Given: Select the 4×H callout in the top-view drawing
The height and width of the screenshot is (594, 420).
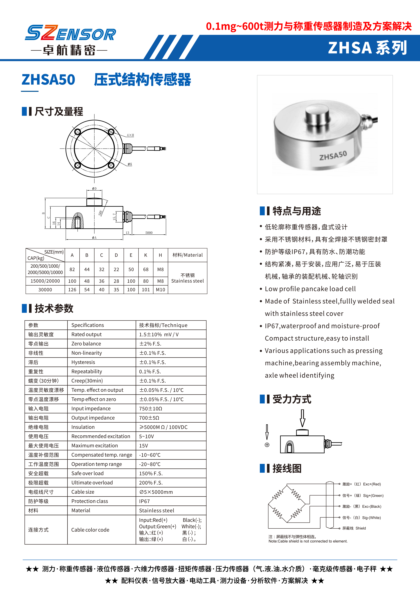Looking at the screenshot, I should [130, 135].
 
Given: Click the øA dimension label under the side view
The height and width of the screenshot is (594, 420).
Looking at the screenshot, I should [94, 237].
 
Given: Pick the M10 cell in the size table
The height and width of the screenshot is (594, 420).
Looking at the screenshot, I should [160, 289].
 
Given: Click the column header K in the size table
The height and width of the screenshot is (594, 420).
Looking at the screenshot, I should [146, 255].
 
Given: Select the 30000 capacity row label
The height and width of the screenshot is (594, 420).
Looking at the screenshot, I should [45, 289].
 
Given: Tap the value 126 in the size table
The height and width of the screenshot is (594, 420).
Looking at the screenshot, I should [72, 289].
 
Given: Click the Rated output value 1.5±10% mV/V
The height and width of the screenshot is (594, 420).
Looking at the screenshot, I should [159, 334].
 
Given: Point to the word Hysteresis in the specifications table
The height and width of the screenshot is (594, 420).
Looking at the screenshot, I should [83, 362].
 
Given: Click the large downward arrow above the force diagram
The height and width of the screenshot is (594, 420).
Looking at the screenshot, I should [302, 418].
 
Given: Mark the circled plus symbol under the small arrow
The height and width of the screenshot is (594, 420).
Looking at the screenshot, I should [267, 445].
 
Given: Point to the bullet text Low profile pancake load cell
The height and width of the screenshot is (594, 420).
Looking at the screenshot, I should [310, 289].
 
